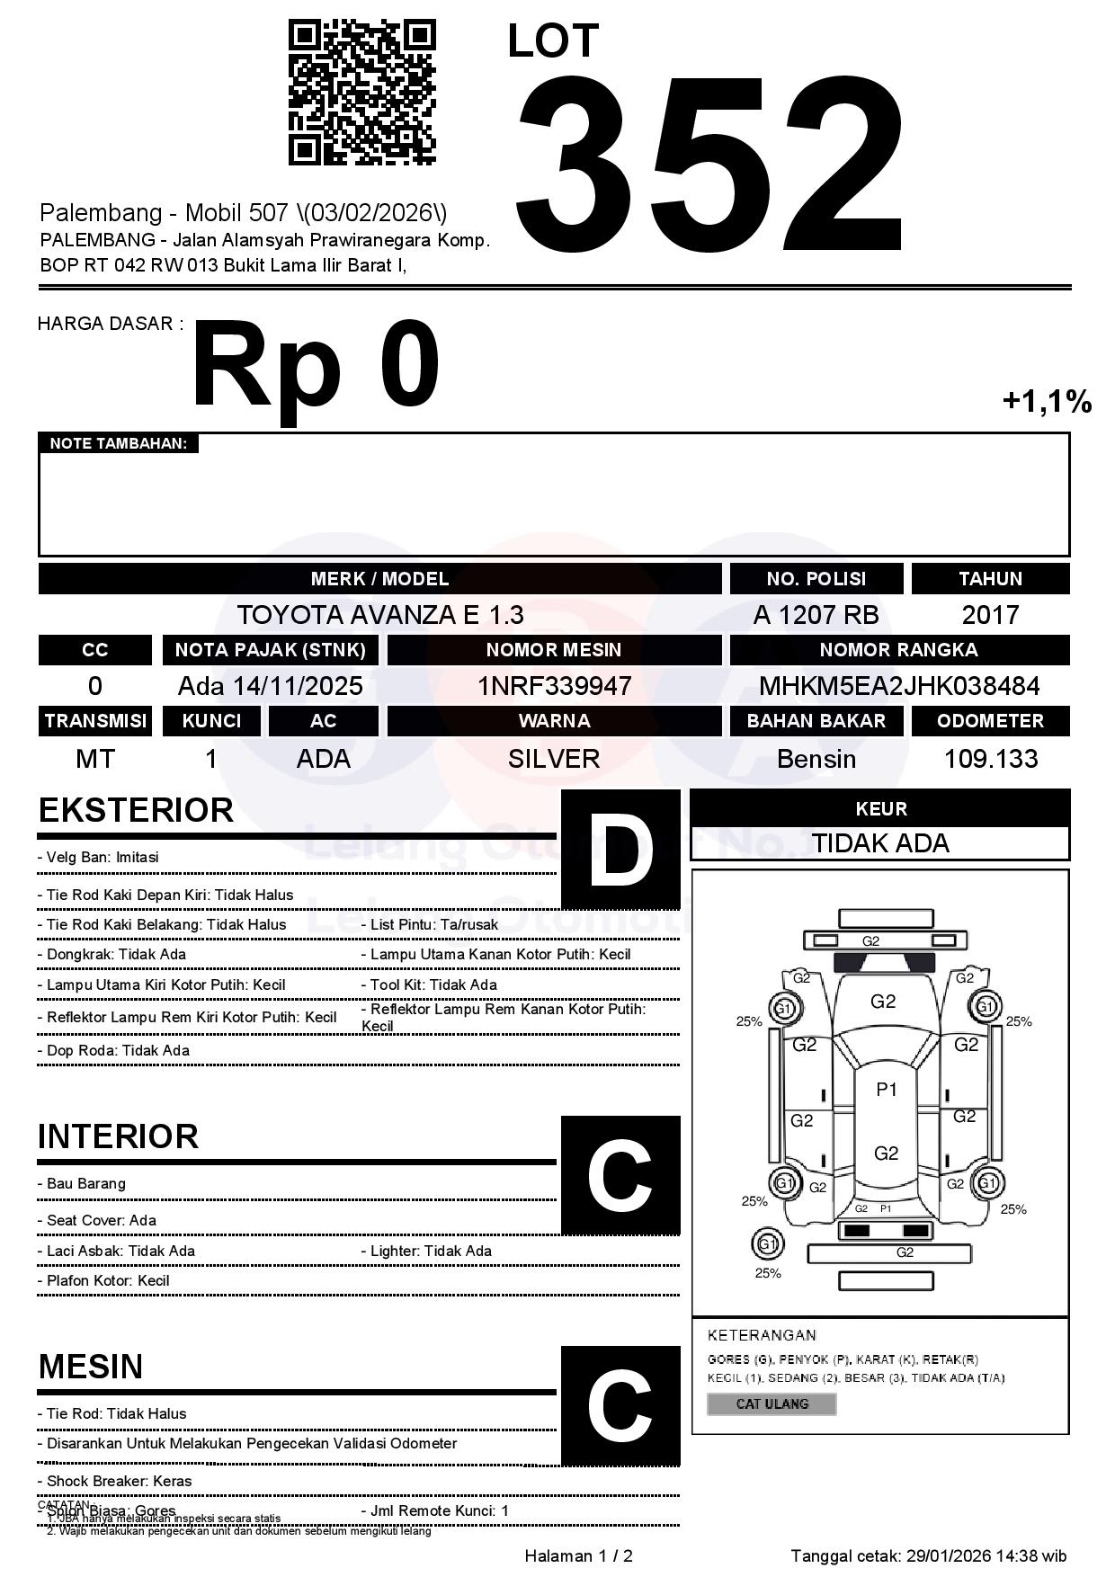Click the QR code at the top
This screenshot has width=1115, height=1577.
361,94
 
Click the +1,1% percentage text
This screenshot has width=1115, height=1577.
1047,401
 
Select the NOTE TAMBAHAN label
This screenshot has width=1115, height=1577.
118,443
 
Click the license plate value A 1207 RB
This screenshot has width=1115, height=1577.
816,615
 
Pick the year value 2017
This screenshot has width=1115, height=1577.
990,615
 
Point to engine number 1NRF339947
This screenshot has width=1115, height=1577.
554,686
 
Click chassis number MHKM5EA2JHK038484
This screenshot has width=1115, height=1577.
899,686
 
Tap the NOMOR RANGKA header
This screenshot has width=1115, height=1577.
899,650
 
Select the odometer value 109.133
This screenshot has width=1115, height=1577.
990,759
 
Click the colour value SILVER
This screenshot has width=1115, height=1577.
554,759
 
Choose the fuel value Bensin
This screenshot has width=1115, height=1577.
816,759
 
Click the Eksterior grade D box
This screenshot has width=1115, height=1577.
620,849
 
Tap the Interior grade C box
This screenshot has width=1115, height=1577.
620,1175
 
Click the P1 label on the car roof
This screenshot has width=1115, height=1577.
887,1090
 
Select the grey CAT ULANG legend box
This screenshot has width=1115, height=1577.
772,1403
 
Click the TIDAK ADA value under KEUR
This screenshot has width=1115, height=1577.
880,843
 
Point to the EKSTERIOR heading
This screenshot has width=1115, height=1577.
136,810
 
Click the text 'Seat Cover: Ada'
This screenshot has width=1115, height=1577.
101,1220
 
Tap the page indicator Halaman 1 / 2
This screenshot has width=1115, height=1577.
578,1555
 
